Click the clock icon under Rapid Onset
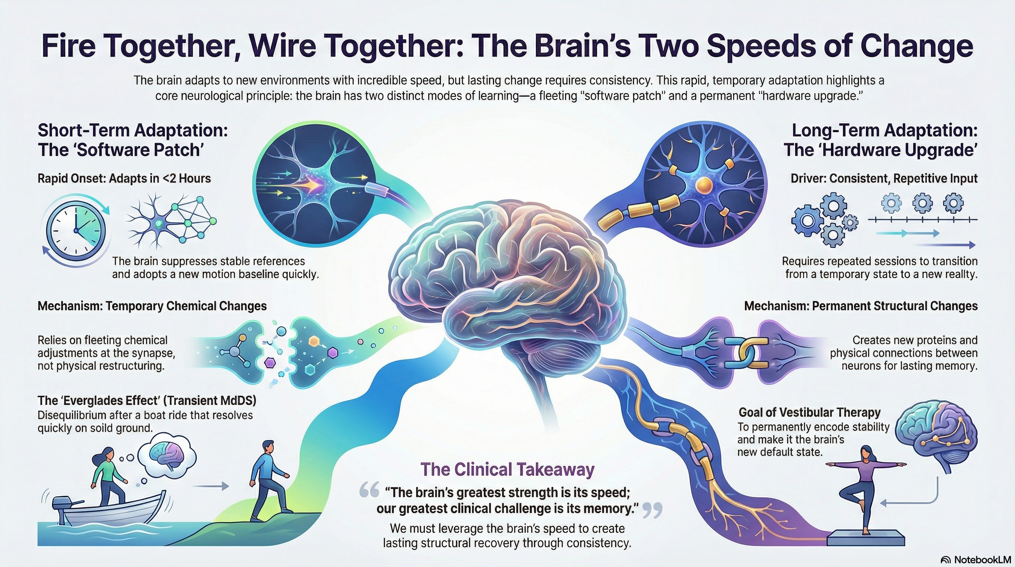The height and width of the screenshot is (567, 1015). click(x=76, y=230)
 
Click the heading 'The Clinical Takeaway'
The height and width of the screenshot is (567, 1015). click(x=507, y=469)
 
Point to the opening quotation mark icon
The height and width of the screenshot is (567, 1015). click(x=369, y=491)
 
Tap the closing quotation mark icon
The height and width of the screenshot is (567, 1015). click(x=652, y=510)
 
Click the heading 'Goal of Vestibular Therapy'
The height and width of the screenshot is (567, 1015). click(x=809, y=412)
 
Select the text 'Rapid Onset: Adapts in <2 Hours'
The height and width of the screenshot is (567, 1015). click(x=124, y=179)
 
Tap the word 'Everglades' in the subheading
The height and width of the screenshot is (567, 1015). click(x=104, y=401)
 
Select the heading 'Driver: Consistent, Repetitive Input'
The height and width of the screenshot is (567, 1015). click(x=884, y=179)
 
